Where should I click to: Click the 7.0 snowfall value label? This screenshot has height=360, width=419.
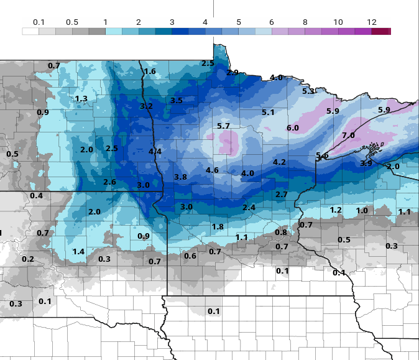pyautogui.click(x=348, y=136)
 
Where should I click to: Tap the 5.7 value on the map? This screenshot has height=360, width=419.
pyautogui.click(x=224, y=126)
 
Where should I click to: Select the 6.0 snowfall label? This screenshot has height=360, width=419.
pyautogui.click(x=293, y=128)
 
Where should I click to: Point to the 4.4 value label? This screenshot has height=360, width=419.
pyautogui.click(x=155, y=152)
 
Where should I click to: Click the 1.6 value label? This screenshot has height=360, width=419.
pyautogui.click(x=150, y=72)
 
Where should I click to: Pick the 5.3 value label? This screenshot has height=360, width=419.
pyautogui.click(x=308, y=91)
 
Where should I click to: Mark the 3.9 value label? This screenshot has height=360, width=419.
pyautogui.click(x=367, y=164)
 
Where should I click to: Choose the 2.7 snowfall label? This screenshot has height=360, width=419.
pyautogui.click(x=282, y=195)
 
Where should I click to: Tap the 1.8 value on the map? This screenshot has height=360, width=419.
pyautogui.click(x=218, y=227)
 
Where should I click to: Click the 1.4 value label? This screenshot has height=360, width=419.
pyautogui.click(x=78, y=252)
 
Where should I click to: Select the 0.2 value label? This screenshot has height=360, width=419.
pyautogui.click(x=28, y=259)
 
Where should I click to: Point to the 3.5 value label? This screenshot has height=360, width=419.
pyautogui.click(x=177, y=101)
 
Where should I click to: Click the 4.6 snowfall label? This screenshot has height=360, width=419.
pyautogui.click(x=212, y=170)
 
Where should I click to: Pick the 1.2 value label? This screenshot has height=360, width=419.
pyautogui.click(x=336, y=210)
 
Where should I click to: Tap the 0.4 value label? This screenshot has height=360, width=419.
pyautogui.click(x=37, y=196)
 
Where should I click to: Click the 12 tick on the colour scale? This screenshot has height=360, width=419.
pyautogui.click(x=372, y=22)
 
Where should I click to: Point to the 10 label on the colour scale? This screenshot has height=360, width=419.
pyautogui.click(x=338, y=22)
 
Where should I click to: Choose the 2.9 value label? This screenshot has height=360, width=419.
pyautogui.click(x=233, y=73)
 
